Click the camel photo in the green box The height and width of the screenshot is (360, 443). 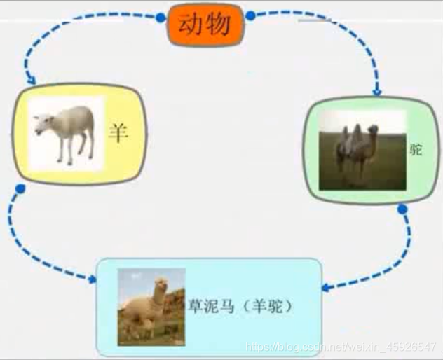(362, 150)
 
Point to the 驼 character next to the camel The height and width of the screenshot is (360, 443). (416, 149)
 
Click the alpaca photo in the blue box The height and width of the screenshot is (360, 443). (151, 306)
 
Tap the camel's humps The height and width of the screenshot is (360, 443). (353, 132)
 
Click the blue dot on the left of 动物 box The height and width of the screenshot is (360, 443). (160, 15)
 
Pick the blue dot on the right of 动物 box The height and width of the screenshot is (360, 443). (251, 15)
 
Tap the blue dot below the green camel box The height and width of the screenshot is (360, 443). (402, 209)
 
